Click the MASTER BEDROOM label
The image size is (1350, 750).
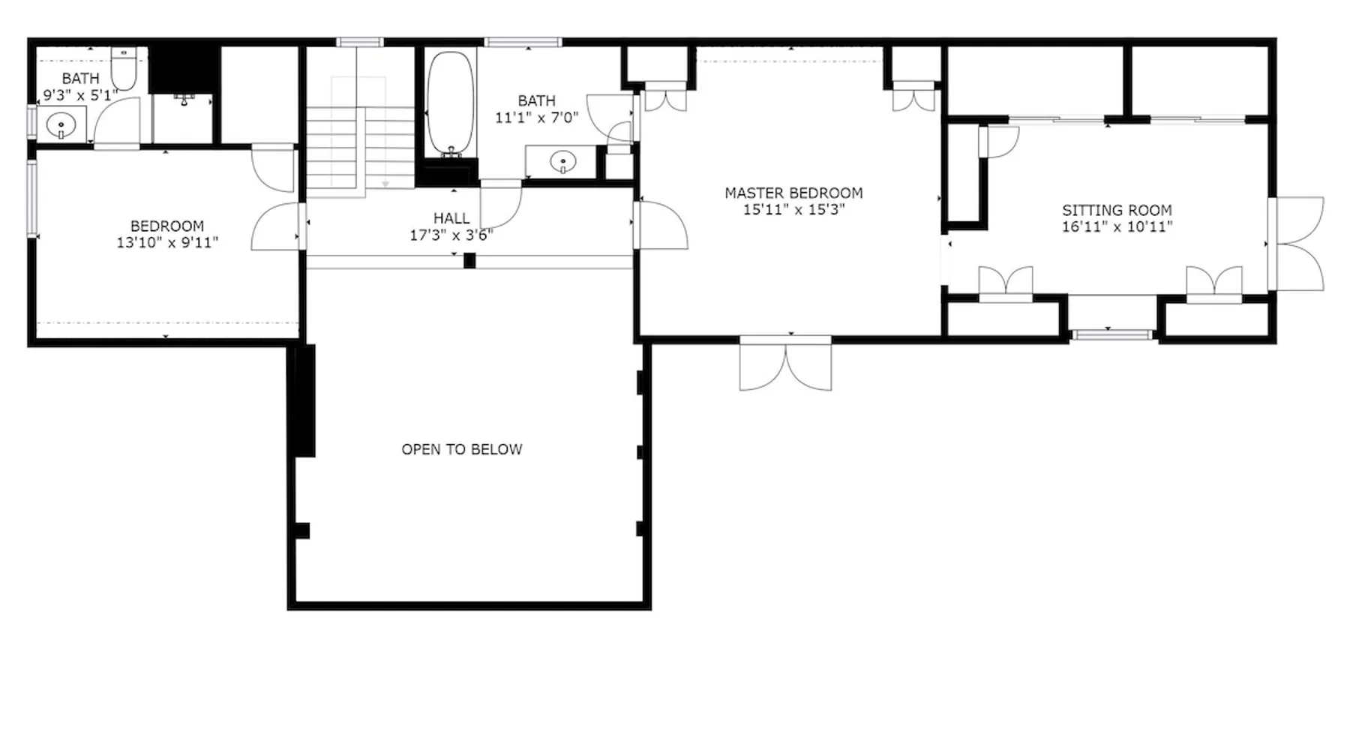pyautogui.click(x=793, y=193)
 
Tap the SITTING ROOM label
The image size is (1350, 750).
pyautogui.click(x=1117, y=210)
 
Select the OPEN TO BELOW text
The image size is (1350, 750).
pyautogui.click(x=462, y=449)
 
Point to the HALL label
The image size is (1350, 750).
pyautogui.click(x=451, y=218)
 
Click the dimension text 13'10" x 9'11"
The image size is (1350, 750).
pyautogui.click(x=167, y=242)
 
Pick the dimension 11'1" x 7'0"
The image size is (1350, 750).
pyautogui.click(x=537, y=117)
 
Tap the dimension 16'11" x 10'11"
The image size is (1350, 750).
pyautogui.click(x=1117, y=226)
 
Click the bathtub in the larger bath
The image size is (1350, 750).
pyautogui.click(x=450, y=103)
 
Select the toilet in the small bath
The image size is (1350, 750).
pyautogui.click(x=123, y=69)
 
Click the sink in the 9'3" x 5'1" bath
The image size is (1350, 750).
pyautogui.click(x=61, y=124)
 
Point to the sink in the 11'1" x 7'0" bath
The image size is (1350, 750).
pyautogui.click(x=562, y=160)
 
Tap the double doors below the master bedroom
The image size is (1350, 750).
pyautogui.click(x=785, y=364)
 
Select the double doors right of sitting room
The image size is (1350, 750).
pyautogui.click(x=1297, y=244)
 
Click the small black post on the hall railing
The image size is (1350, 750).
pyautogui.click(x=469, y=261)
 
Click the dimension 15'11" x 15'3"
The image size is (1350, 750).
pyautogui.click(x=794, y=209)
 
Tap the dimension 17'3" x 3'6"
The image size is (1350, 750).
pyautogui.click(x=451, y=235)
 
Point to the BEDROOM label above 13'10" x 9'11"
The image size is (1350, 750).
pyautogui.click(x=167, y=226)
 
